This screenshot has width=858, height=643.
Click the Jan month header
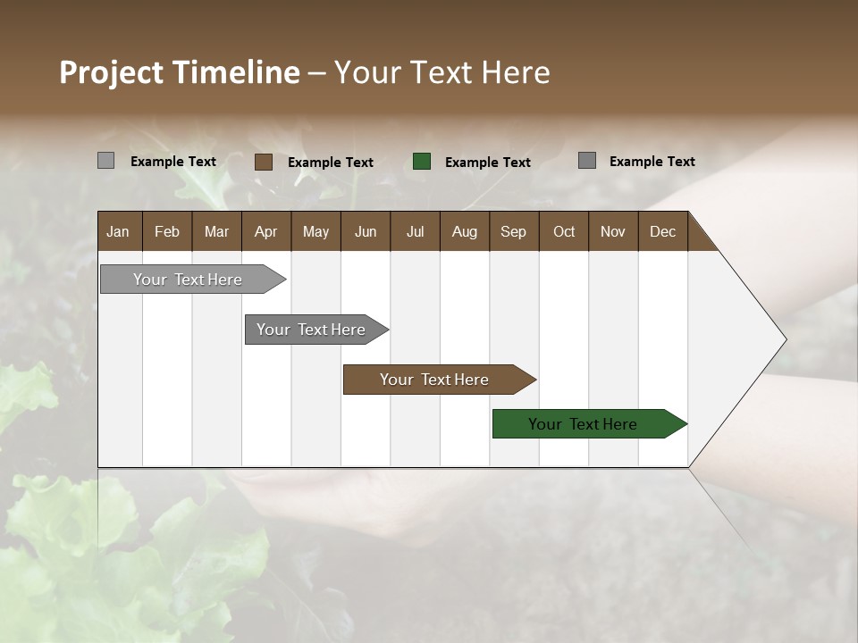(x=119, y=231)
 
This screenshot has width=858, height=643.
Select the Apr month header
(x=266, y=231)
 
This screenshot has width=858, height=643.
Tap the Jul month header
(x=415, y=231)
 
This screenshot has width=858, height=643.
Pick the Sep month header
(x=513, y=231)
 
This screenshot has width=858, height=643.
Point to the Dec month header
(x=662, y=231)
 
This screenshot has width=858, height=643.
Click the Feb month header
(x=167, y=231)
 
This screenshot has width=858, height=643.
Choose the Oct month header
(x=564, y=231)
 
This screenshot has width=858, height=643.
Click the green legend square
(x=422, y=162)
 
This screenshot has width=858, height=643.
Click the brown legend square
(x=264, y=162)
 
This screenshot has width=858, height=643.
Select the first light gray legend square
(x=106, y=161)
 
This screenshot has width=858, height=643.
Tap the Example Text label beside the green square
(x=487, y=163)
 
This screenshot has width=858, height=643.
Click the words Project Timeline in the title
(x=179, y=72)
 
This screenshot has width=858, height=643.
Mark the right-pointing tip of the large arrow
(x=785, y=339)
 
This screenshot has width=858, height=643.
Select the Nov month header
(x=613, y=231)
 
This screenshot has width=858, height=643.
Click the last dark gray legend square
(x=587, y=161)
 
